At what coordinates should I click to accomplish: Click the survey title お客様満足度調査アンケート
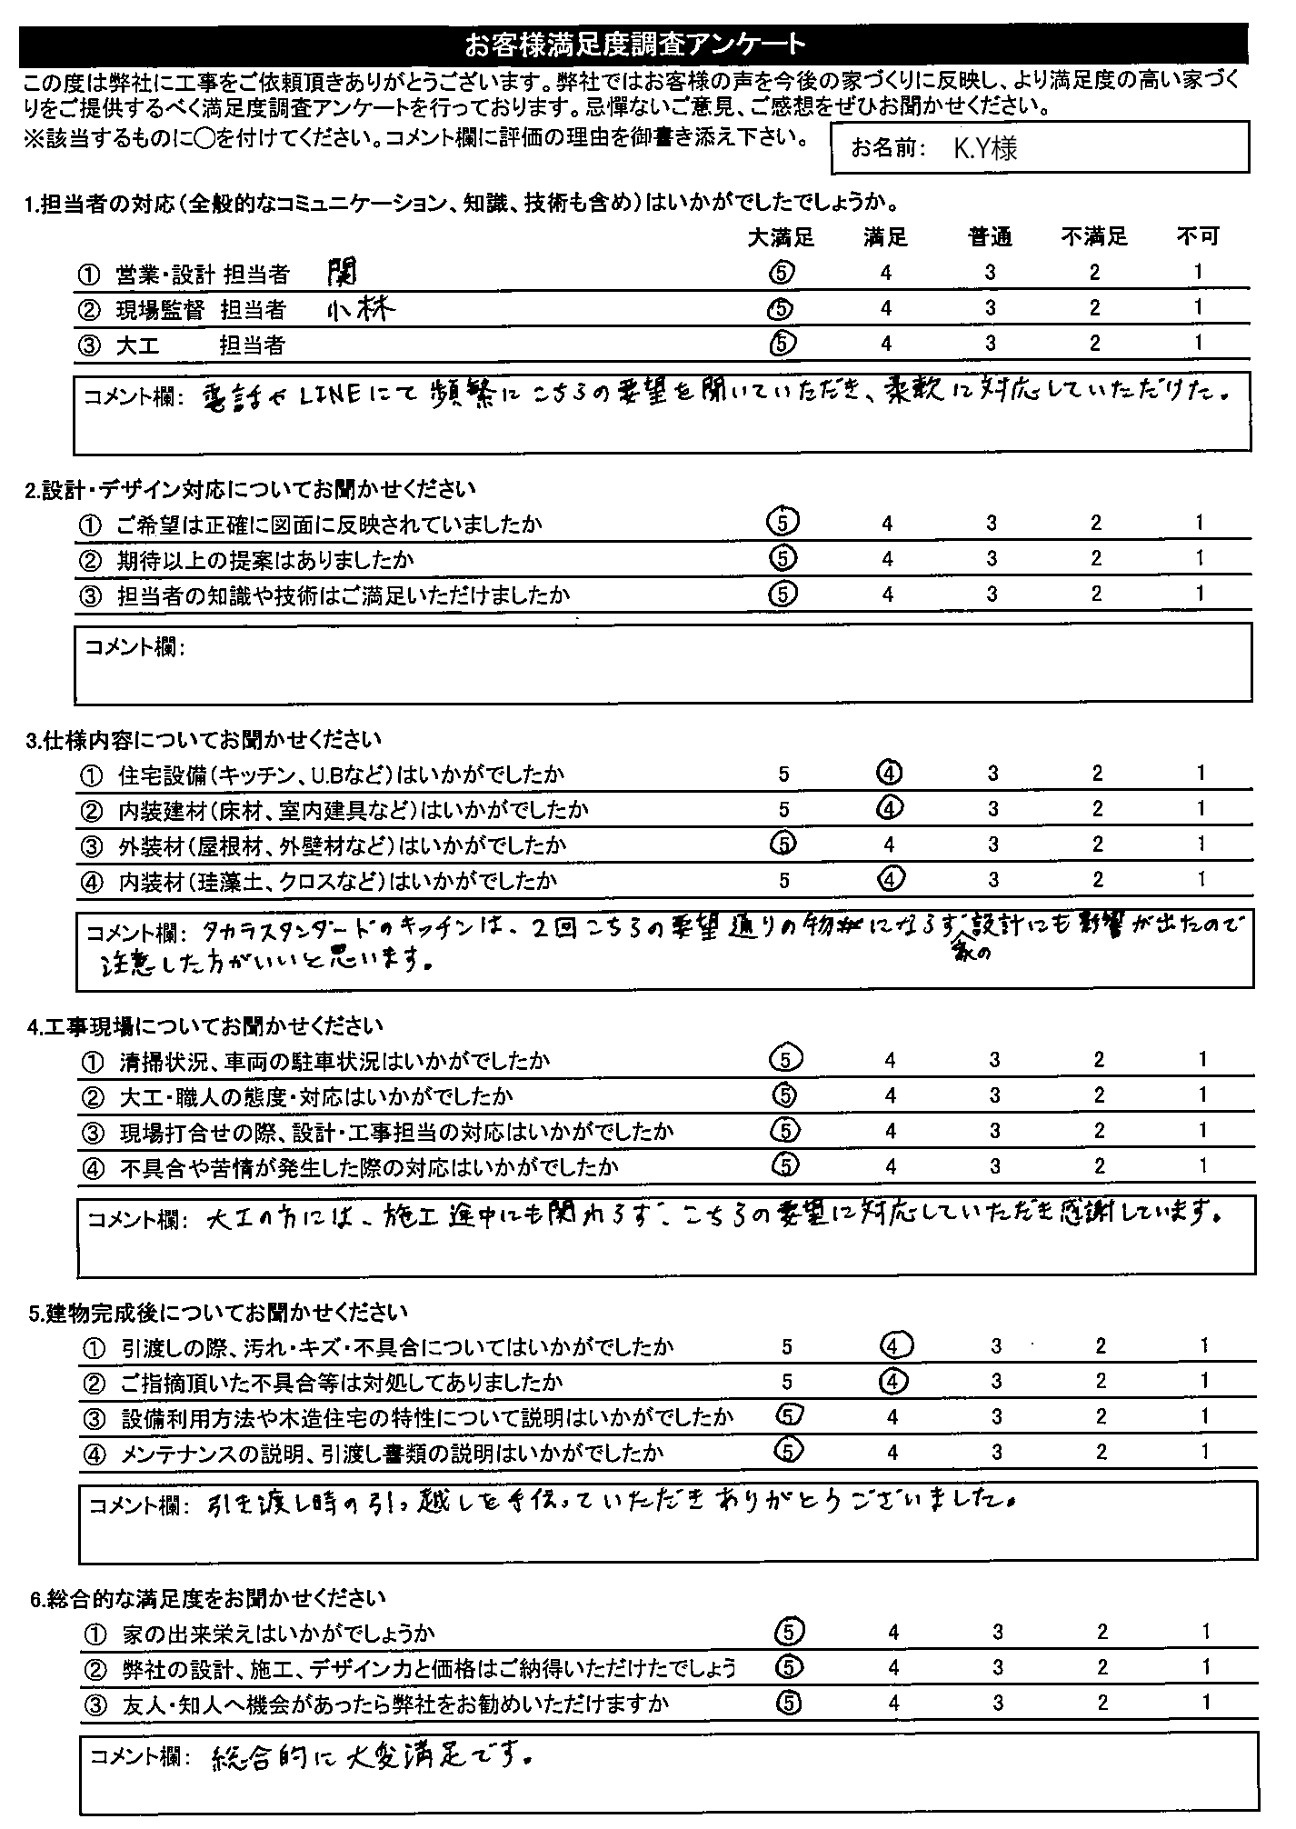pyautogui.click(x=634, y=44)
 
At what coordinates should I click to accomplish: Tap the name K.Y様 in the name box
pyautogui.click(x=984, y=149)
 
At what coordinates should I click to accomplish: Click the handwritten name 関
pyautogui.click(x=344, y=269)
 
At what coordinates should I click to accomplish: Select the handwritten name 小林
pyautogui.click(x=361, y=310)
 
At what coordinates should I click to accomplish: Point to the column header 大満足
pyautogui.click(x=782, y=237)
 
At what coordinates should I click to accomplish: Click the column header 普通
pyautogui.click(x=990, y=237)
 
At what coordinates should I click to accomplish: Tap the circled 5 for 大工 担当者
pyautogui.click(x=783, y=342)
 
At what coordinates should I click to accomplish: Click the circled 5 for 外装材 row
pyautogui.click(x=783, y=844)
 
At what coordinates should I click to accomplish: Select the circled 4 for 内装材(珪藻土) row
pyautogui.click(x=890, y=879)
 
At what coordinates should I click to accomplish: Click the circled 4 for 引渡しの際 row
pyautogui.click(x=893, y=1345)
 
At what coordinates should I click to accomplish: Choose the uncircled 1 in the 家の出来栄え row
pyautogui.click(x=1205, y=1632)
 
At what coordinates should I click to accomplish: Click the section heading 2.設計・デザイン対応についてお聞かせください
pyautogui.click(x=251, y=490)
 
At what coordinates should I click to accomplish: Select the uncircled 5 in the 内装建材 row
pyautogui.click(x=783, y=809)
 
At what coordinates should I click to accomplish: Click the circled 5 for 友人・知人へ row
pyautogui.click(x=790, y=1703)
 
